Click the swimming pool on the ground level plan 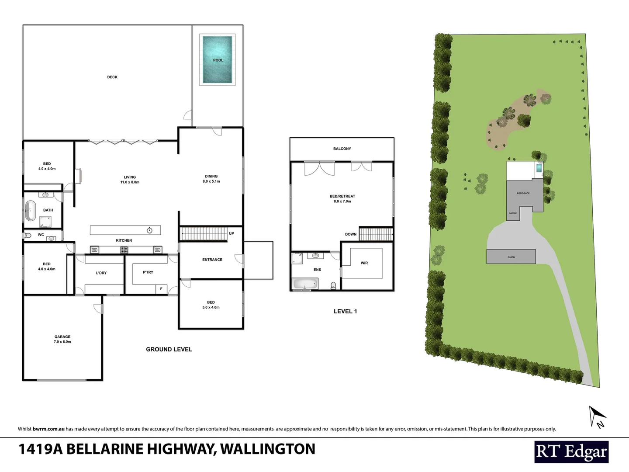pos(218,59)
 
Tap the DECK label pos(112,77)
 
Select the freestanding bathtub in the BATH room pos(30,210)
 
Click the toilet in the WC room pos(28,235)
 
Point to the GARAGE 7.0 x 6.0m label pos(62,339)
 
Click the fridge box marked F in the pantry pos(161,288)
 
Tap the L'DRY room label pos(101,273)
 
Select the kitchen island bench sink pos(150,230)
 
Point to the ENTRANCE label pos(212,260)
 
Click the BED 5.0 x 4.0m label pos(211,305)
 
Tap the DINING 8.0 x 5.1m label pos(211,179)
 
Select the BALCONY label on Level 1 pos(342,149)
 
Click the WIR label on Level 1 pos(364,263)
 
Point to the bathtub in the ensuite pos(306,285)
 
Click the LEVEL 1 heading pos(345,311)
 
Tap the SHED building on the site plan pos(511,257)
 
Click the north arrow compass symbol pos(596,416)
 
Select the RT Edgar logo pos(571,452)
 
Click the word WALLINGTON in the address pos(267,449)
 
